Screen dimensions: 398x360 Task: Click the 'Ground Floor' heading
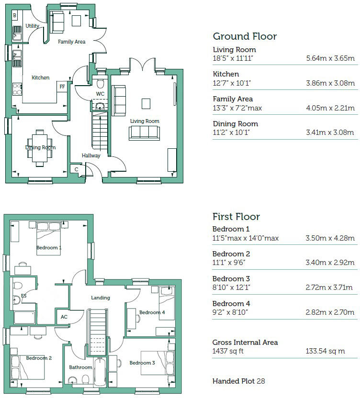(244, 36)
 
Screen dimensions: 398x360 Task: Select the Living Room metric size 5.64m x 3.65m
(330, 59)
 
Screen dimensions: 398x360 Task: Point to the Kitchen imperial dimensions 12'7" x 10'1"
(232, 83)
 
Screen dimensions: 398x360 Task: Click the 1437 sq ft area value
(228, 351)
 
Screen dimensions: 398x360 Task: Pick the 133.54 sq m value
(325, 351)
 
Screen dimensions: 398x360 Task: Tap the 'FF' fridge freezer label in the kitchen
(62, 87)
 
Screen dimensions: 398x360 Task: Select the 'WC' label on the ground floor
(100, 93)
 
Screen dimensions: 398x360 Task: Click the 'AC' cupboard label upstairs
(64, 317)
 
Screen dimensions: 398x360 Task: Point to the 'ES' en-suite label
(24, 296)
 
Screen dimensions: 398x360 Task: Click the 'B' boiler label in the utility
(15, 16)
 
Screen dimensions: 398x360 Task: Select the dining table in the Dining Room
(41, 147)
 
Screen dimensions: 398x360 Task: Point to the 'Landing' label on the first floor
(101, 298)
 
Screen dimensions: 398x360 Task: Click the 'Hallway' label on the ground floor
(91, 155)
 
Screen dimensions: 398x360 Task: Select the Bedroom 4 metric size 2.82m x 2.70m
(330, 312)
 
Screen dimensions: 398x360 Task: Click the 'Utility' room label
(33, 26)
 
